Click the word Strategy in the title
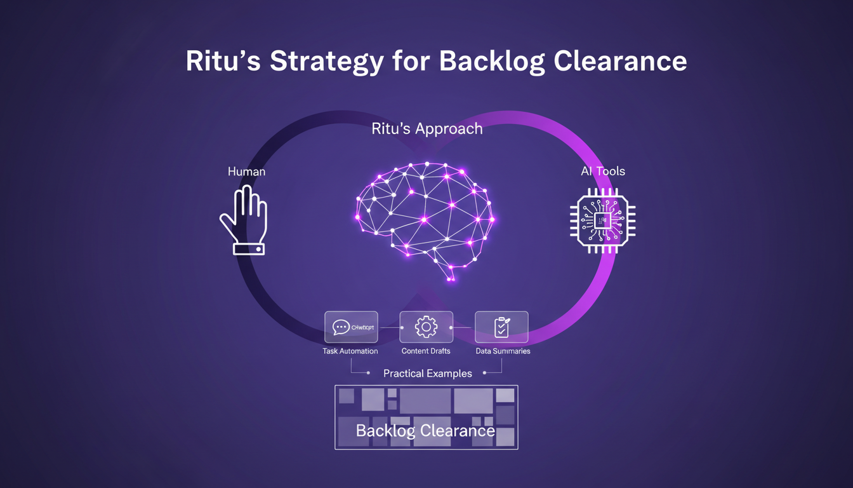pyautogui.click(x=326, y=62)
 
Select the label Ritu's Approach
pyautogui.click(x=426, y=129)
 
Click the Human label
pyautogui.click(x=246, y=172)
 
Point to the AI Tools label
pyautogui.click(x=602, y=172)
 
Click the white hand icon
pyautogui.click(x=244, y=216)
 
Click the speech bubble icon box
pyautogui.click(x=351, y=327)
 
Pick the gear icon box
pyautogui.click(x=426, y=327)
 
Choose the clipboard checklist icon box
pyautogui.click(x=501, y=327)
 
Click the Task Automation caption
pyautogui.click(x=350, y=351)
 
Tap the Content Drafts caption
pyautogui.click(x=426, y=351)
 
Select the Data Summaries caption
pyautogui.click(x=503, y=351)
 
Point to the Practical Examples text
pyautogui.click(x=427, y=374)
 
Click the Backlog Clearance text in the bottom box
pyautogui.click(x=425, y=431)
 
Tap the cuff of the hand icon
pyautogui.click(x=248, y=249)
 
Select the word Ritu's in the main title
pyautogui.click(x=222, y=62)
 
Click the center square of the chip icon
pyautogui.click(x=602, y=220)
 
